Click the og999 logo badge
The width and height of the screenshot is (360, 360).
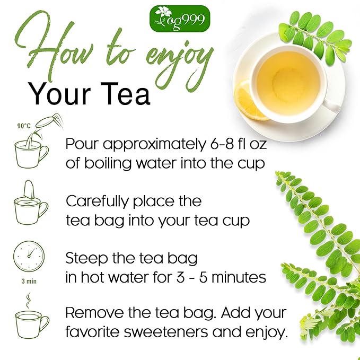[180, 19]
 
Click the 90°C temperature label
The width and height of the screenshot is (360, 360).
[24, 126]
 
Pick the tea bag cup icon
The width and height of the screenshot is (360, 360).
[31, 203]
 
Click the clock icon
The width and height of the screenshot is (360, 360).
[29, 256]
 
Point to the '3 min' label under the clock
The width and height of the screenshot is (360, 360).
[29, 281]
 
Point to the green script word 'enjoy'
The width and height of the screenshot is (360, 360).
[180, 65]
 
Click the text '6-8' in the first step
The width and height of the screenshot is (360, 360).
[221, 144]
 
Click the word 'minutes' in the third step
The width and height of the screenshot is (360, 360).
[239, 277]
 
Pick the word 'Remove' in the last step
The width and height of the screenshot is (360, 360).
[94, 312]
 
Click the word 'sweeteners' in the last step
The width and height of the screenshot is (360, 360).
[166, 332]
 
